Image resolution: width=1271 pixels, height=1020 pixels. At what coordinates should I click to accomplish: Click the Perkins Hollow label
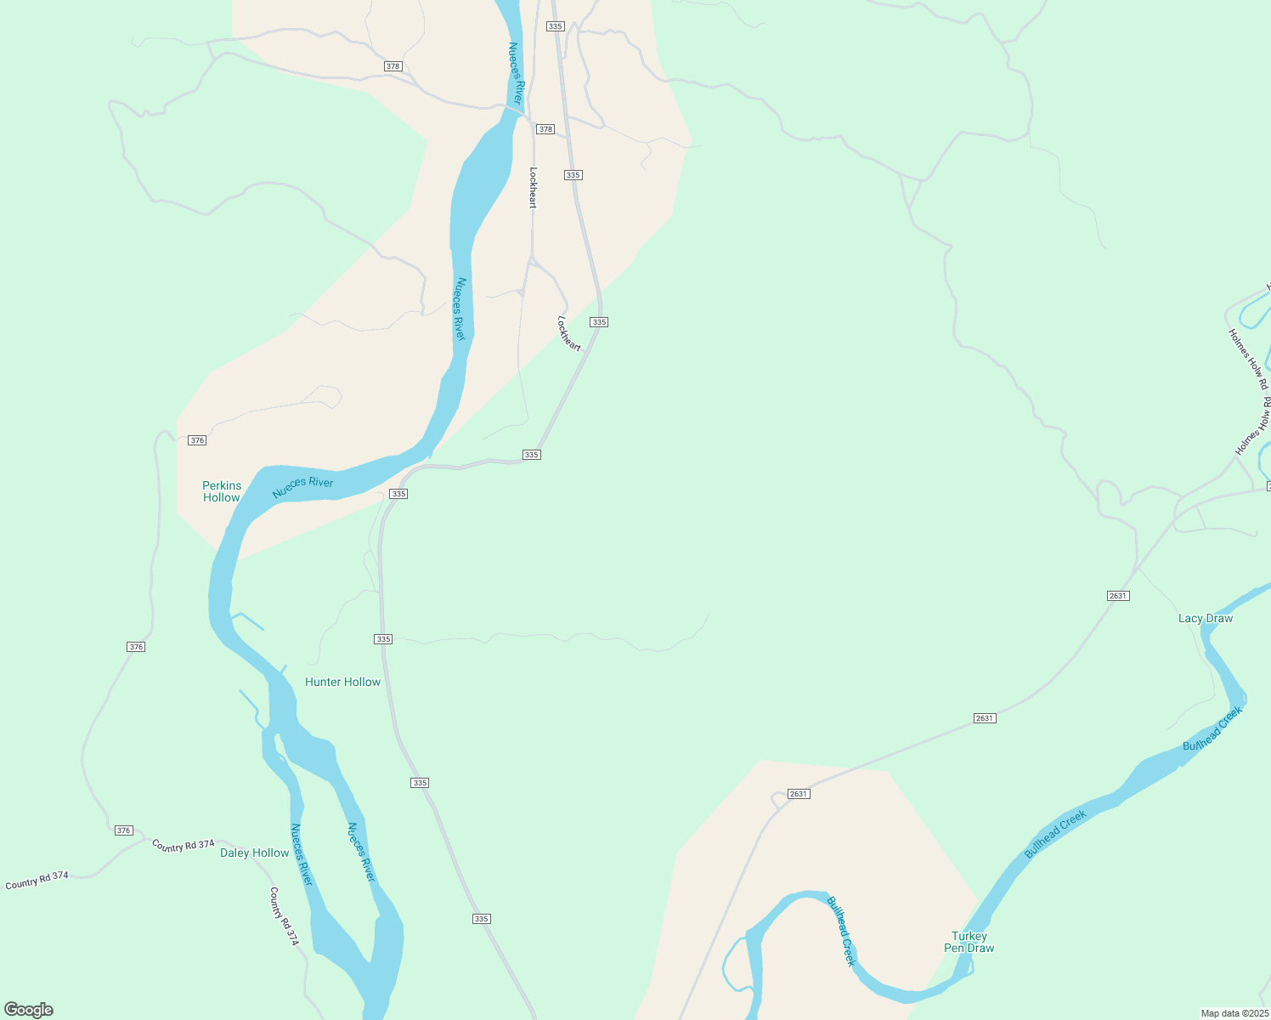(x=222, y=491)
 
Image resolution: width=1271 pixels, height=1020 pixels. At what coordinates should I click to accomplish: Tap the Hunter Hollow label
(x=342, y=682)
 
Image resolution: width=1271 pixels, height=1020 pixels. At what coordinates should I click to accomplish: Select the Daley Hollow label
(x=254, y=853)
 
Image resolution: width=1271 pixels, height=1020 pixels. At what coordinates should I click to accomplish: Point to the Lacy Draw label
(x=1205, y=618)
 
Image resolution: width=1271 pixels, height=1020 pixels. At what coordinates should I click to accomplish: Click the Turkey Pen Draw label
(x=969, y=942)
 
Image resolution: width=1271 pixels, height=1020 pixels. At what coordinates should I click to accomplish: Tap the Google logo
(x=29, y=1010)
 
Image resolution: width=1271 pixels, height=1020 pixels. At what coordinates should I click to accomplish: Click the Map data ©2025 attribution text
(x=1234, y=1013)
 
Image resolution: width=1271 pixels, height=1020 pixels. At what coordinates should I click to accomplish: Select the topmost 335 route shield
(x=556, y=26)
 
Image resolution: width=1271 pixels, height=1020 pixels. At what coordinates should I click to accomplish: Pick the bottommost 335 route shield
(x=482, y=919)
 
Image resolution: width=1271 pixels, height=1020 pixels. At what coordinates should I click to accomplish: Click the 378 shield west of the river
(x=393, y=66)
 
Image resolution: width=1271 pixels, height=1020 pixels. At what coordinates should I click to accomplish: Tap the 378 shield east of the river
(x=545, y=129)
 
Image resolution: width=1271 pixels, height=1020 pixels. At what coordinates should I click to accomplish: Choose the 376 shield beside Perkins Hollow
(x=197, y=440)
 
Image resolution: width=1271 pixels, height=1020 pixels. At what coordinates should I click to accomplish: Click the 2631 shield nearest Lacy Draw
(x=1117, y=596)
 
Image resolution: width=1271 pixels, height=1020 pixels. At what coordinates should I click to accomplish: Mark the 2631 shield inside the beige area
(x=799, y=794)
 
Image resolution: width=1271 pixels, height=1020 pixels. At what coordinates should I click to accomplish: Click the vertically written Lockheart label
(x=534, y=187)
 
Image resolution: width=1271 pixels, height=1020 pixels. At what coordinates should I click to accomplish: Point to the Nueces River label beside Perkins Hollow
(x=302, y=487)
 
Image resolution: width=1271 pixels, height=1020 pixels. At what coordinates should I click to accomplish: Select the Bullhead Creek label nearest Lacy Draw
(x=1213, y=728)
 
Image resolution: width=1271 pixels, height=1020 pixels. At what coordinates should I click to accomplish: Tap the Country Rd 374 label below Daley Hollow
(x=285, y=916)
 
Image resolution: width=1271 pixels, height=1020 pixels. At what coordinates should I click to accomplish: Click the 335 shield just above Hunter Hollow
(x=383, y=639)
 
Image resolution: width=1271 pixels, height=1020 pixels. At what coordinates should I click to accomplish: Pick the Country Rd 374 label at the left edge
(x=37, y=881)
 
